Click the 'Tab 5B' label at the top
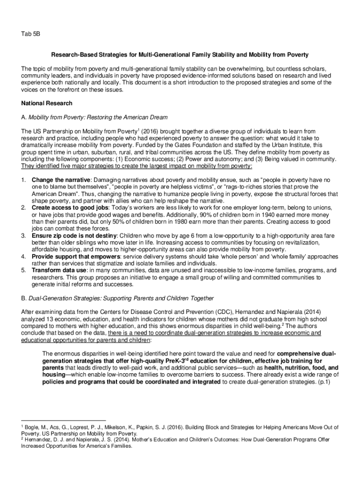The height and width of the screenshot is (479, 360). (30, 34)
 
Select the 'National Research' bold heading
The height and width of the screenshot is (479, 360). (47, 102)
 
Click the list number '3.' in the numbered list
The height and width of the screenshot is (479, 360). (24, 235)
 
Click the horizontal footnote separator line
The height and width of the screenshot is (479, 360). (64, 420)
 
